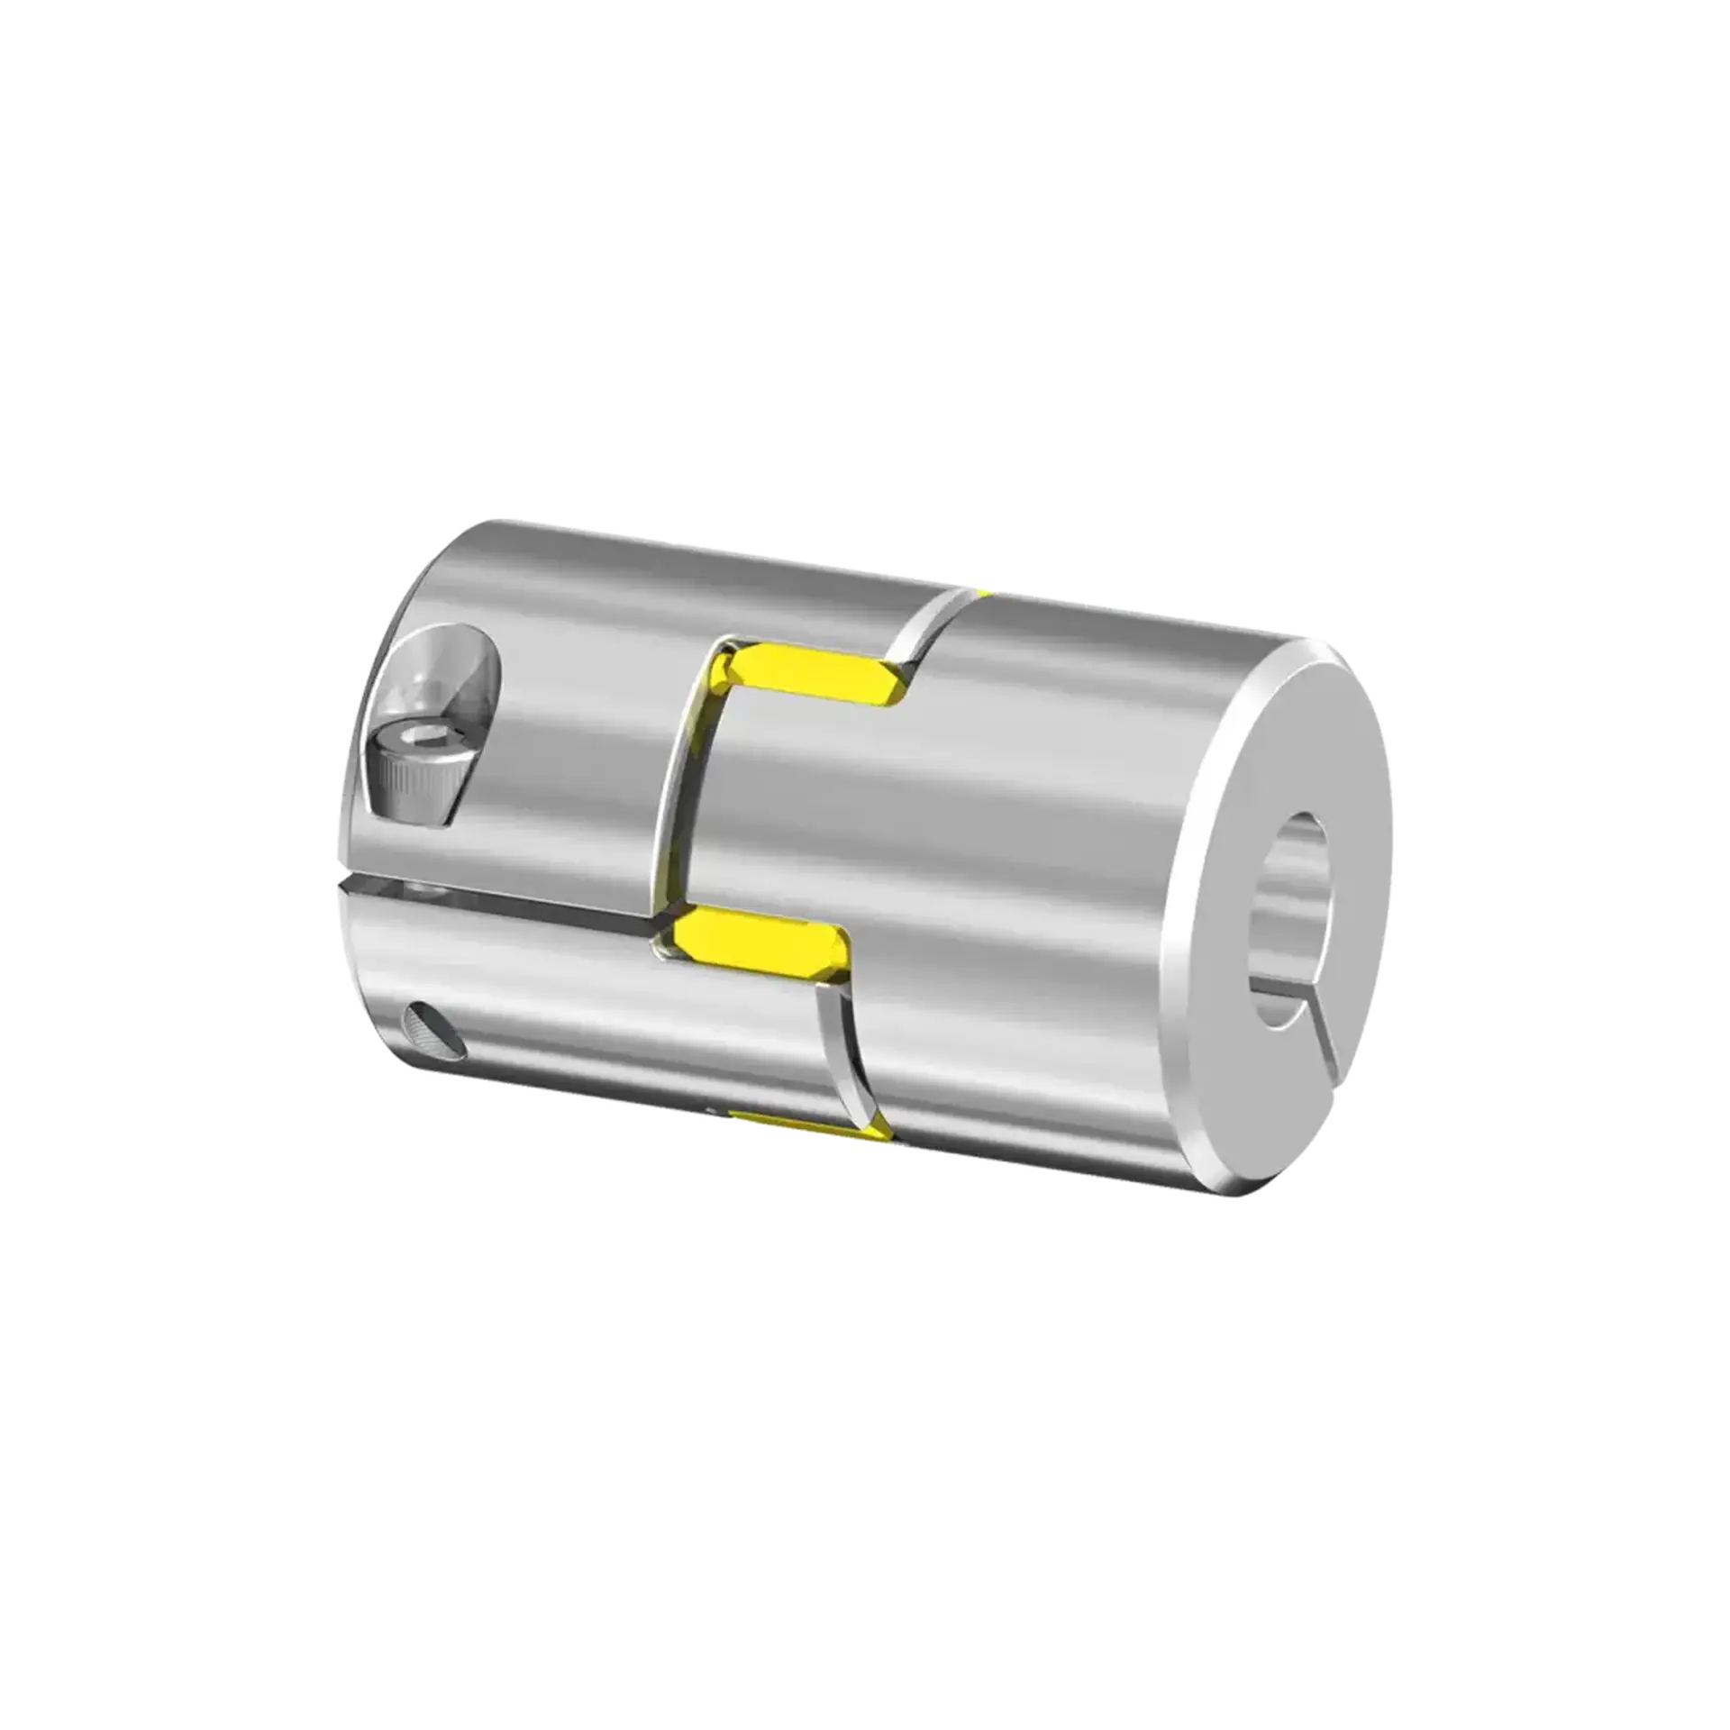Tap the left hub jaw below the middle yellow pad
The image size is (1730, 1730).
point(721,1036)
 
